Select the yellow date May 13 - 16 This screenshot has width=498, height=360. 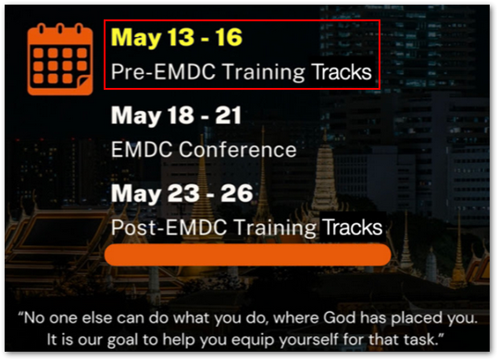click(176, 38)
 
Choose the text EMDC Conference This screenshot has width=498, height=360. click(203, 149)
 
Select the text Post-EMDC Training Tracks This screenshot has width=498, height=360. click(246, 226)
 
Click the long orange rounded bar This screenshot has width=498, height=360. click(247, 254)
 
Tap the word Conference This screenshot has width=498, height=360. click(243, 149)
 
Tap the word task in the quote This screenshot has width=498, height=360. click(418, 338)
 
